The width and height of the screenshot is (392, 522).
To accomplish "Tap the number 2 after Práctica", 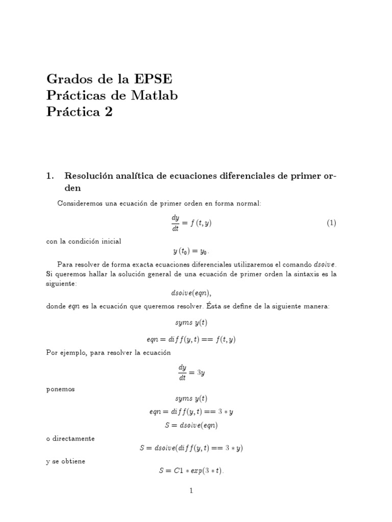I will [x=108, y=112].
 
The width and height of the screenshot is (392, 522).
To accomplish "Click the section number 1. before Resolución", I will [x=50, y=176].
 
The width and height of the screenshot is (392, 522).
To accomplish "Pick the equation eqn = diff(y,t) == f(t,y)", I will [x=191, y=339].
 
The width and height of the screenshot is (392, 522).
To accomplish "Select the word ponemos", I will [x=60, y=389].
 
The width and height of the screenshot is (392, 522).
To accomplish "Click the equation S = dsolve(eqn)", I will [x=191, y=425].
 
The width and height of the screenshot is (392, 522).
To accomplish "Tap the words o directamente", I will [x=70, y=438].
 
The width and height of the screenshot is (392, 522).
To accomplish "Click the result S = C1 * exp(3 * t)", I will [x=191, y=472].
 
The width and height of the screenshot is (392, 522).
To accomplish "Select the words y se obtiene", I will [x=66, y=461].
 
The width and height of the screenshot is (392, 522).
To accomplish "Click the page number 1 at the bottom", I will [x=191, y=491].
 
